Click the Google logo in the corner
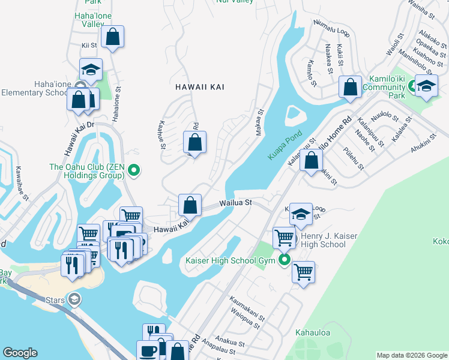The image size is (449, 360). (20, 353)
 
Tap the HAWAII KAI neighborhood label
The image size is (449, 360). (200, 87)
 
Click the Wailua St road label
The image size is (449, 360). (235, 203)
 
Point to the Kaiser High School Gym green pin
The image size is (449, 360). (284, 260)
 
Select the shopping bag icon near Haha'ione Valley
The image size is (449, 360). (112, 37)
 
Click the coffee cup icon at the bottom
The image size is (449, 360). (148, 352)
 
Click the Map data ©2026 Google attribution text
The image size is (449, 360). (412, 355)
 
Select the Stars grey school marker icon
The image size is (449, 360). (74, 299)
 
